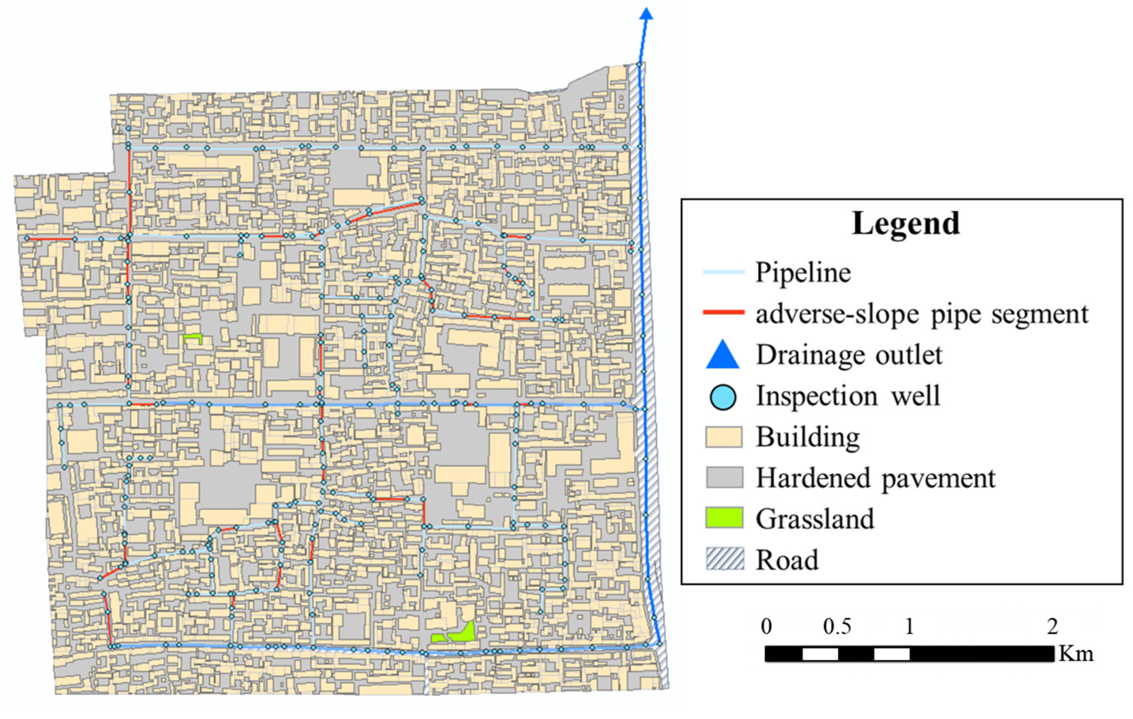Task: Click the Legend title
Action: [x=906, y=223]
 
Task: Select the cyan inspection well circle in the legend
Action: [x=723, y=397]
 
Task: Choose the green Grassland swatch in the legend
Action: [x=724, y=518]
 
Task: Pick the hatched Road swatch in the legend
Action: [x=725, y=559]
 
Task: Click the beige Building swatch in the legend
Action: [x=724, y=437]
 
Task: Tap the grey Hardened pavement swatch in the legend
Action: [x=724, y=478]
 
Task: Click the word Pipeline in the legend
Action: [x=803, y=273]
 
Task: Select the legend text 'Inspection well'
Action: [x=847, y=396]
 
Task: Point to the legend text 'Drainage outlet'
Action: [x=849, y=355]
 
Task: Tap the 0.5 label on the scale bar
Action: [x=837, y=627]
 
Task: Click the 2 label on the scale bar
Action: [x=1052, y=627]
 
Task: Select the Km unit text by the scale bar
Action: [x=1076, y=654]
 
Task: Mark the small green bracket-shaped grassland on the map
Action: [x=192, y=338]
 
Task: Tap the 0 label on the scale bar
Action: [x=767, y=627]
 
